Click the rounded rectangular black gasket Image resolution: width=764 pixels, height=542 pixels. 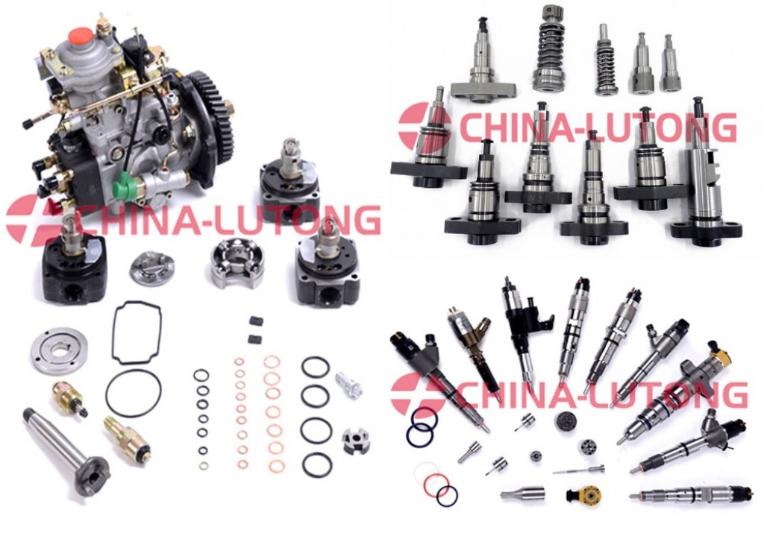(x=137, y=333)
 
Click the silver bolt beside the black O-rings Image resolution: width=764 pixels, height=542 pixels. (x=348, y=384)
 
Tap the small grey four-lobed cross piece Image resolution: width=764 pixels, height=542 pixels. (x=355, y=441)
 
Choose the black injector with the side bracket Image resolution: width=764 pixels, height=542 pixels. (x=527, y=331)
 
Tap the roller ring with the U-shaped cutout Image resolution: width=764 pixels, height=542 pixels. (x=237, y=265)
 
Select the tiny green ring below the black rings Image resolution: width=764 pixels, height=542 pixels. (x=204, y=465)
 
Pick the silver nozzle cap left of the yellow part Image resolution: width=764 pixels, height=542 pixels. (x=522, y=494)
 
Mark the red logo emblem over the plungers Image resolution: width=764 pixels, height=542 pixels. (x=424, y=126)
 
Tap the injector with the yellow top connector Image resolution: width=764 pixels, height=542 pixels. (x=677, y=394)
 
